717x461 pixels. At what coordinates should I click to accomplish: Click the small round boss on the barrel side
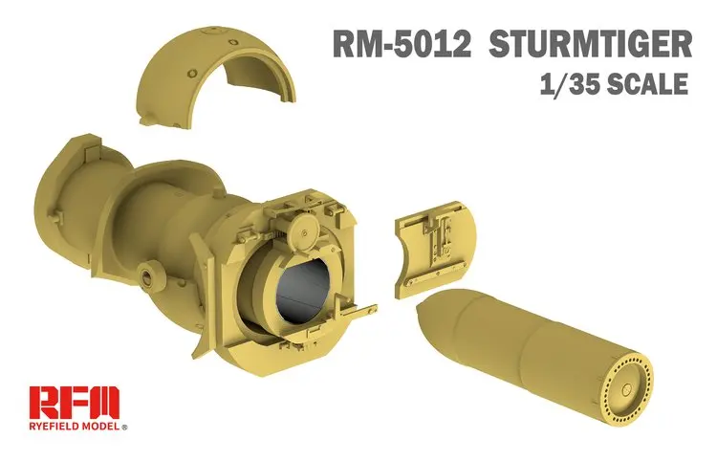pos(147,275)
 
